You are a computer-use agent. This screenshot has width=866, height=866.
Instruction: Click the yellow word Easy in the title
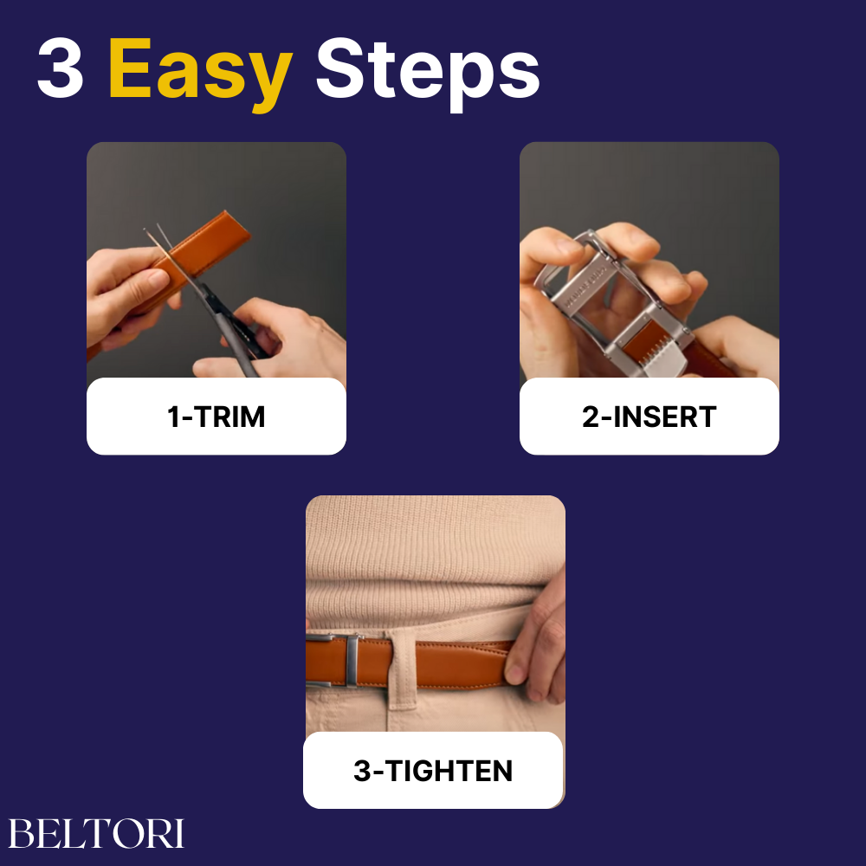(x=201, y=72)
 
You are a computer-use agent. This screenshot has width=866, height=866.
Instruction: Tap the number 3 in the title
(x=61, y=68)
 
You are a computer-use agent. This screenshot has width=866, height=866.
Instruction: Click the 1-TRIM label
(x=216, y=417)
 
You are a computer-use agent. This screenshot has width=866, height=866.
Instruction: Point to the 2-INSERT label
(x=649, y=417)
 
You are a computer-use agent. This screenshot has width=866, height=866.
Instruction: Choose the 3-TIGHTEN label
(x=433, y=771)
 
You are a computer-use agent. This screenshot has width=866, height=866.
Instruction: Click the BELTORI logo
(x=96, y=833)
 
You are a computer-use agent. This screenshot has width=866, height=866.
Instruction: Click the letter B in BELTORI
(x=21, y=834)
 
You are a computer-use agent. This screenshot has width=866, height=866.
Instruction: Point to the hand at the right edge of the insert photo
(x=737, y=346)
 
